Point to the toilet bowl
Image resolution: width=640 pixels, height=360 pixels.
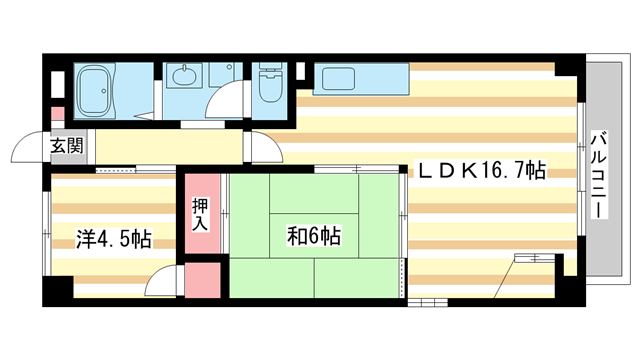(x=271, y=87)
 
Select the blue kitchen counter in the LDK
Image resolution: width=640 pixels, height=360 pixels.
(x=359, y=79)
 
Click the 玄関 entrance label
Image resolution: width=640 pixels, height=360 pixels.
(x=67, y=145)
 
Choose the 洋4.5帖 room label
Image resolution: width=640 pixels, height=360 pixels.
(x=114, y=240)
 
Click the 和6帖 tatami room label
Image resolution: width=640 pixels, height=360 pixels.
(x=312, y=236)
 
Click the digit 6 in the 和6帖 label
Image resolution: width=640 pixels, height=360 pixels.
(x=312, y=236)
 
